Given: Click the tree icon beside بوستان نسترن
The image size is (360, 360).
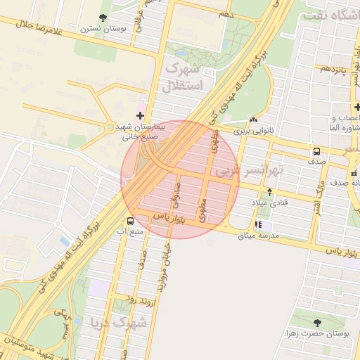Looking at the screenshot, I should click(103, 18).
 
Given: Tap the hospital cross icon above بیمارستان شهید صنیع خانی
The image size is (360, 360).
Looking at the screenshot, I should click(139, 115).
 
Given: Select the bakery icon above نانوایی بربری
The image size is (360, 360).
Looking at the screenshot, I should click(252, 120).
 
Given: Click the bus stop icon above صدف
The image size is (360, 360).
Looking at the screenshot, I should click(316, 150).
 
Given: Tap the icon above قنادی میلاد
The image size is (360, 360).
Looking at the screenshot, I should click(269, 191).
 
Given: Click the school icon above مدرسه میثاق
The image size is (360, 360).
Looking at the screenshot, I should click(258, 224).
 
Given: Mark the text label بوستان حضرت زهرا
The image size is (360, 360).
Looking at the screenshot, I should click(318, 334).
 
